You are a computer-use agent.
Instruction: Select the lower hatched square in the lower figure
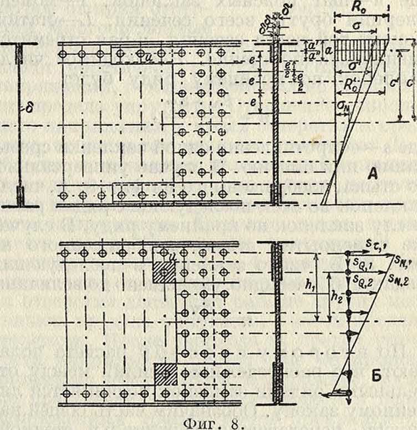tap(164, 375)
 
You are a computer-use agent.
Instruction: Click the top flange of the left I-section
tap(19, 44)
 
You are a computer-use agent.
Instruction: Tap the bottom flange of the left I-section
tap(19, 206)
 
